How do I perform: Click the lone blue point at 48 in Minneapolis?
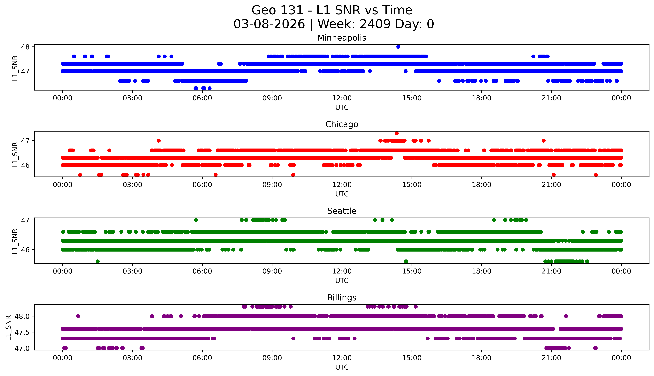(x=398, y=47)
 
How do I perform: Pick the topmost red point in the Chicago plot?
(x=397, y=133)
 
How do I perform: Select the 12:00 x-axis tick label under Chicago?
(x=342, y=185)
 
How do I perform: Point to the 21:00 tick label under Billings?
(x=551, y=358)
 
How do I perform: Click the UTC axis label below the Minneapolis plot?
(x=342, y=107)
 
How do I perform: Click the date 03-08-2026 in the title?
(x=269, y=24)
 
